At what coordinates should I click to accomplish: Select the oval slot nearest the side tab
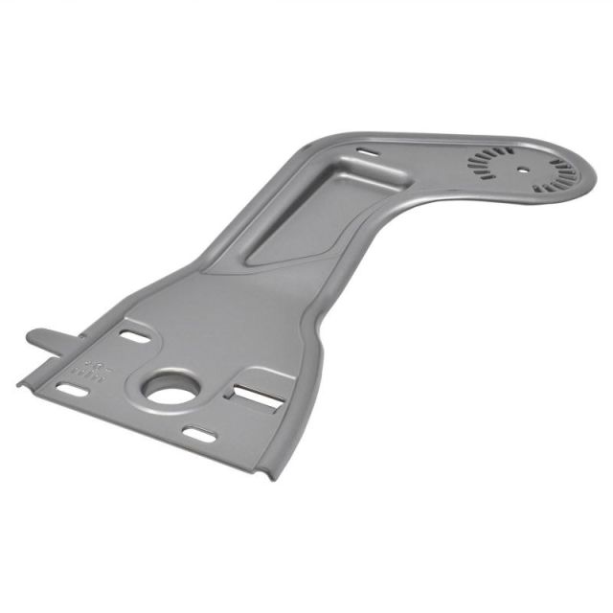[134, 335]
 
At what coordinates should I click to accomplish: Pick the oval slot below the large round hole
[199, 435]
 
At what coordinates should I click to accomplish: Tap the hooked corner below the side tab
[23, 380]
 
